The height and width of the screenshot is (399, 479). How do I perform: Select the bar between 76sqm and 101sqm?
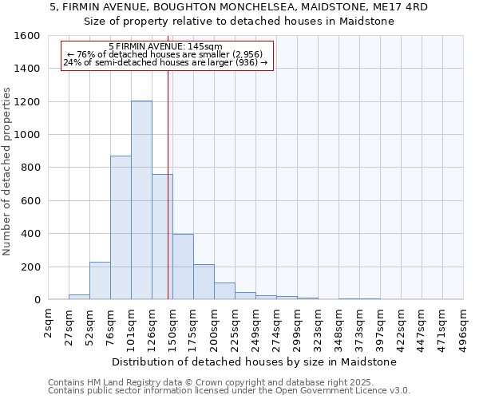[x=121, y=227]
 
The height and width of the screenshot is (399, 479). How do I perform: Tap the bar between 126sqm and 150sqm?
[x=162, y=236]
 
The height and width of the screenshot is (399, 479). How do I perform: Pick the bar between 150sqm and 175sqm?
[x=183, y=267]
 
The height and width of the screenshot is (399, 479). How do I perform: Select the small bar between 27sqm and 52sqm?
[x=79, y=297]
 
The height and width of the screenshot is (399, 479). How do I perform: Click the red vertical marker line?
[x=168, y=184]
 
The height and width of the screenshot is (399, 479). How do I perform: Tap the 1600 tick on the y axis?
[x=30, y=36]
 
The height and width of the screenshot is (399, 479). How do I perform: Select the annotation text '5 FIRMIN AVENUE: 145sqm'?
[x=165, y=47]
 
